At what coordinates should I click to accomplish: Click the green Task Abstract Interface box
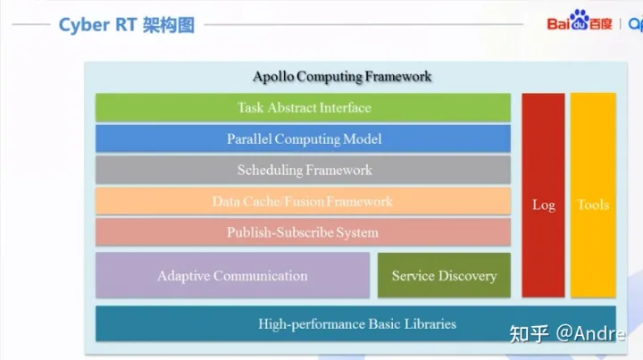point(303,107)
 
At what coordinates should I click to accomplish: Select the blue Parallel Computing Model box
point(303,138)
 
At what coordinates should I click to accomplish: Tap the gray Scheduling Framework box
point(303,170)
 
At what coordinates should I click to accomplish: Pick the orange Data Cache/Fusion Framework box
point(303,201)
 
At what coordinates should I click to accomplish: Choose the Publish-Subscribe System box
point(303,232)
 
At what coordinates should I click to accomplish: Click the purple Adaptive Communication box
point(232,275)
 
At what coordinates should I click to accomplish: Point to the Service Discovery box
point(444,275)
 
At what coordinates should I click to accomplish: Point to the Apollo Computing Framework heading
point(342,76)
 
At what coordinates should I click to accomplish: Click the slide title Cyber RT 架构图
point(126,24)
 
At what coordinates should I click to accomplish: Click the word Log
point(543,205)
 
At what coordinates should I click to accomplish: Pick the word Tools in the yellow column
point(593,205)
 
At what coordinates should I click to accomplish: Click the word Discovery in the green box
point(468,275)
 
